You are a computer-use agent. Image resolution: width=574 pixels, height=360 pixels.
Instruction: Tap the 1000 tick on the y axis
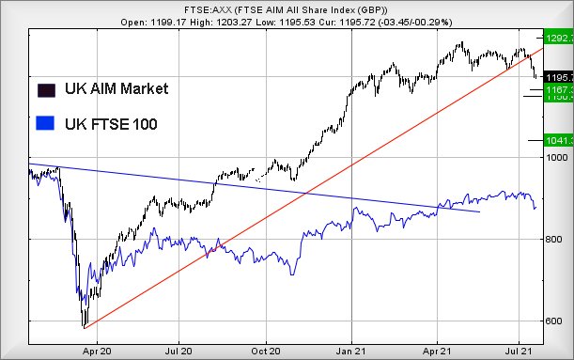click(x=557, y=157)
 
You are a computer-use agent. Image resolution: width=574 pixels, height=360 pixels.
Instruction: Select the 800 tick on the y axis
click(x=557, y=240)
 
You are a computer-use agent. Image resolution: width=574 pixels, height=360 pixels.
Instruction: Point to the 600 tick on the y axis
click(x=557, y=321)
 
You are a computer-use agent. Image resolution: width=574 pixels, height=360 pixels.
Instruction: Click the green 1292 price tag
click(x=559, y=39)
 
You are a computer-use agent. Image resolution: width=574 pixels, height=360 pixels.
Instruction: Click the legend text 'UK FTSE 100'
click(x=111, y=123)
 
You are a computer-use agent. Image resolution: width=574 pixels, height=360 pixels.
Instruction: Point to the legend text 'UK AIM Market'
click(x=116, y=89)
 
